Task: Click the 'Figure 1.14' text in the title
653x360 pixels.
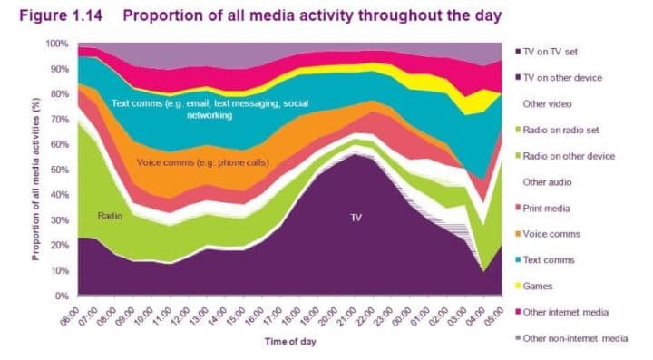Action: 61,15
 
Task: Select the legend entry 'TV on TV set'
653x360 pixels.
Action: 546,52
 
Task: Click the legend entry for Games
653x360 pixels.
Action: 534,286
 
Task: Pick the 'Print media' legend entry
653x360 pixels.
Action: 542,208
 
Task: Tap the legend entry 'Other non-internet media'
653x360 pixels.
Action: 571,338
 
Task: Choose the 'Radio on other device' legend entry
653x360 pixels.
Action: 565,156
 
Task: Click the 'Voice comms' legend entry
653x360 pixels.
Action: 548,234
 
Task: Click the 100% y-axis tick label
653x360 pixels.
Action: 56,44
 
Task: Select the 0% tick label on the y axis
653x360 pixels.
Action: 61,296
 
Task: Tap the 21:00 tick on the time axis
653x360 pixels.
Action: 346,316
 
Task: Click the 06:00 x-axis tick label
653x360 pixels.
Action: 70,316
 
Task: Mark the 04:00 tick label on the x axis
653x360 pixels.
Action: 475,316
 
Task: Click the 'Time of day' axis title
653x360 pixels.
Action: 290,342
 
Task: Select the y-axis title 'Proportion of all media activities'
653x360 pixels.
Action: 36,179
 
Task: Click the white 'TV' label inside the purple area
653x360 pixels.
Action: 356,218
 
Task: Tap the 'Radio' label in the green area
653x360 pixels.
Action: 110,216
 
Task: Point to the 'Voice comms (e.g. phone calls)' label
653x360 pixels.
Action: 203,162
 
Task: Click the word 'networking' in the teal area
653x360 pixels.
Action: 210,115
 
